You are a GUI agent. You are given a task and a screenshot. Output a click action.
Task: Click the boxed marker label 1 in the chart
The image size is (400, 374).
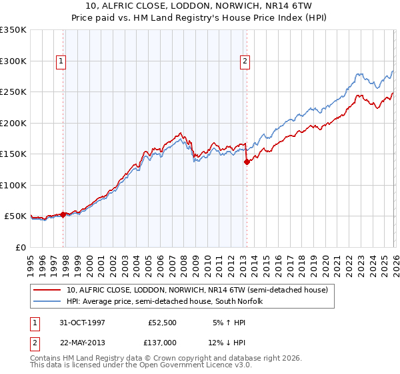61,61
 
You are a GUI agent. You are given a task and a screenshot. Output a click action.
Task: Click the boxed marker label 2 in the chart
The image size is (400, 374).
245,61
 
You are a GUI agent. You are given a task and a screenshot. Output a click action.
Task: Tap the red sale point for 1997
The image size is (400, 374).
63,214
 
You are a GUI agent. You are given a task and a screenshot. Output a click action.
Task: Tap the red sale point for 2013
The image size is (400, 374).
247,162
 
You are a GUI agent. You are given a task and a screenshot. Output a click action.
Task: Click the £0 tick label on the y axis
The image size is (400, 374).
20,247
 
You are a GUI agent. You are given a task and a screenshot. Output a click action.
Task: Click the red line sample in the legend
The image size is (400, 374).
48,291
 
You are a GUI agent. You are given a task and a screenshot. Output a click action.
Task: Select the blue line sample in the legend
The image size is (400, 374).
48,302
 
